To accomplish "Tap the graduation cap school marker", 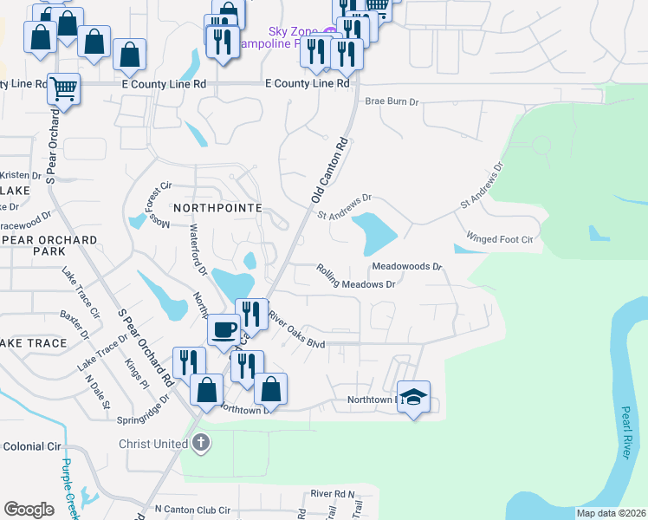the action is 414,398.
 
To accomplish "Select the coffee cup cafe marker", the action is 224,330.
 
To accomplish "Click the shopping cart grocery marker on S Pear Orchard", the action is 63,88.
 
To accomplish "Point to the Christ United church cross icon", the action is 200,445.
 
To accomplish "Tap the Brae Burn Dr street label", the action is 392,101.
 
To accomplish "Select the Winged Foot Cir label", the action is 499,238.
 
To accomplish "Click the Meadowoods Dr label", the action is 407,267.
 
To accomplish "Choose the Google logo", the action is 29,509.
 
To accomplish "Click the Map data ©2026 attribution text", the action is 611,513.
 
